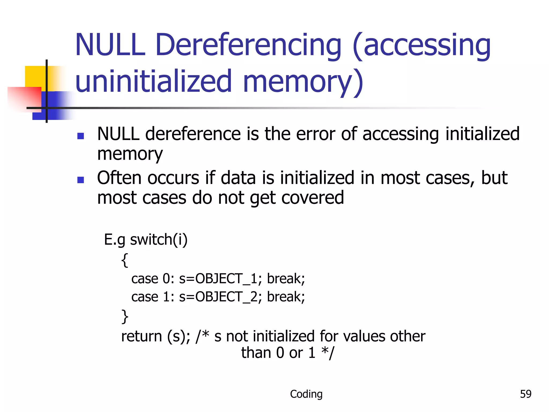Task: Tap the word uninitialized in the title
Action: point(153,81)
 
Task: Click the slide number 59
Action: point(525,394)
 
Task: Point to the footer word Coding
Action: point(306,394)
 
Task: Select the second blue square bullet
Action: point(80,180)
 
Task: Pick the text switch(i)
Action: point(159,239)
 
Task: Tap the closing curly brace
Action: point(125,317)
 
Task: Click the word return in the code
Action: point(142,336)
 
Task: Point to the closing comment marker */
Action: point(328,353)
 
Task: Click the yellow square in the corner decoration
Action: point(35,76)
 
